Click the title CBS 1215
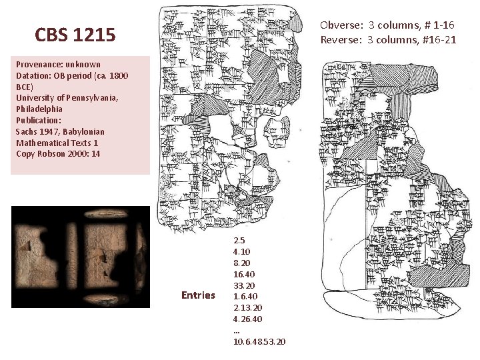pos(75,34)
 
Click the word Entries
pos(198,295)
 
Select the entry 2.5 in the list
pos(239,240)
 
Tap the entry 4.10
pos(242,251)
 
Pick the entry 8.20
pos(242,263)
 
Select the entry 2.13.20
pos(248,307)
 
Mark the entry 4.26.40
pos(248,319)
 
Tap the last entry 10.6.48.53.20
pos(259,341)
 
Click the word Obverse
pos(341,25)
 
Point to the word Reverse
pos(341,39)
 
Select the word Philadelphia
pos(39,109)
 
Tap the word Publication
pos(38,121)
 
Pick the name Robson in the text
pos(51,154)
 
